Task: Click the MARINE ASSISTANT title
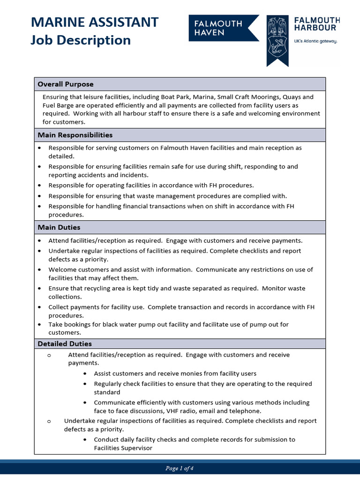tap(94, 22)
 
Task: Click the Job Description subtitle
tap(80, 41)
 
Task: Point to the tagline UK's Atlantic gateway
tap(315, 41)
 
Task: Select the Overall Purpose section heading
tap(66, 84)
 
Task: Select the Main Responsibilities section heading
tap(75, 135)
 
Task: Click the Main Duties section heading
tap(59, 227)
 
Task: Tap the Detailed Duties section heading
tap(65, 344)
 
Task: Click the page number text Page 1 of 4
tap(180, 468)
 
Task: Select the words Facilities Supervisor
tap(123, 448)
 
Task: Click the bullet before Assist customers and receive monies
tap(84, 374)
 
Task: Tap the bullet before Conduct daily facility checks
tap(84, 440)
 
